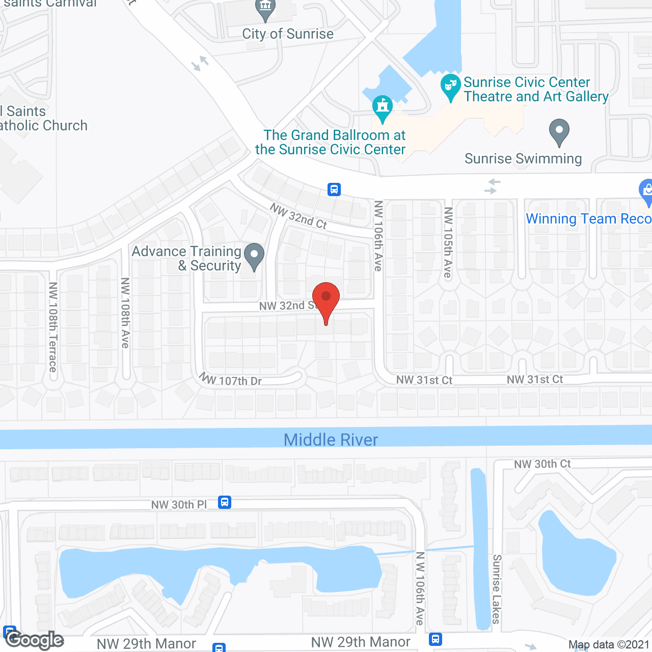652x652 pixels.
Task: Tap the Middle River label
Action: coord(331,440)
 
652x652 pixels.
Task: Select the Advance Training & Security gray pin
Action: coord(254,256)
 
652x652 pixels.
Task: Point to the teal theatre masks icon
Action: coord(450,86)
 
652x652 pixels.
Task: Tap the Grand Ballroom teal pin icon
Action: coord(382,107)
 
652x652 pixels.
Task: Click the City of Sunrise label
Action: coord(288,34)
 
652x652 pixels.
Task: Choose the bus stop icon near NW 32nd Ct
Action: coord(334,189)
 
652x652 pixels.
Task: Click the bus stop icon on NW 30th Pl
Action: coord(225,502)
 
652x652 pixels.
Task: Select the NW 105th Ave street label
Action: coord(448,242)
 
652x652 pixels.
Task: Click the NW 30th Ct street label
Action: coord(542,464)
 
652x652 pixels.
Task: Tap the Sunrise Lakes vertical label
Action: coord(497,589)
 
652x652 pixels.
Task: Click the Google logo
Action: coord(34,640)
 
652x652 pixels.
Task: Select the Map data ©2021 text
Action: coord(609,645)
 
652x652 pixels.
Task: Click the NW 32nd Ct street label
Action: coord(298,216)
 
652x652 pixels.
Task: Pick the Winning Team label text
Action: coord(588,219)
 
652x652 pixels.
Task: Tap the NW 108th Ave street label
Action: coord(125,313)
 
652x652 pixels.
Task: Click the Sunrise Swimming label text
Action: coord(523,159)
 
